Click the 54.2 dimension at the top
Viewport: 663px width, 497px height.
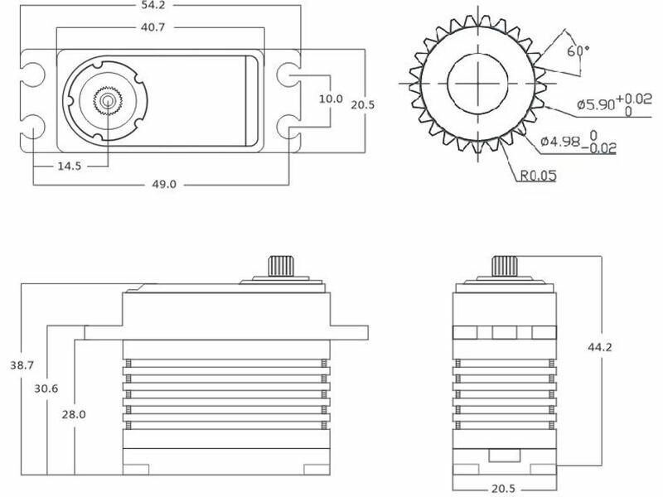pyautogui.click(x=153, y=5)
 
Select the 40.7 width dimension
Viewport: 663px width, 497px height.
pyautogui.click(x=152, y=27)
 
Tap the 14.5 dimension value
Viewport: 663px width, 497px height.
pyautogui.click(x=70, y=166)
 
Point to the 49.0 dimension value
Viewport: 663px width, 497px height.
pyautogui.click(x=164, y=184)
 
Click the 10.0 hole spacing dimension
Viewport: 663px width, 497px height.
pyautogui.click(x=331, y=99)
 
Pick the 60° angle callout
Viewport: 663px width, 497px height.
pyautogui.click(x=578, y=51)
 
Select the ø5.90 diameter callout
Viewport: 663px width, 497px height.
pyautogui.click(x=614, y=104)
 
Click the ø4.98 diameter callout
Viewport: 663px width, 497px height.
pyautogui.click(x=578, y=142)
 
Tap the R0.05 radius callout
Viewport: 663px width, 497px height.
pyautogui.click(x=538, y=176)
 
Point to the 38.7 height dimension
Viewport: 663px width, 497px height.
pyautogui.click(x=22, y=365)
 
